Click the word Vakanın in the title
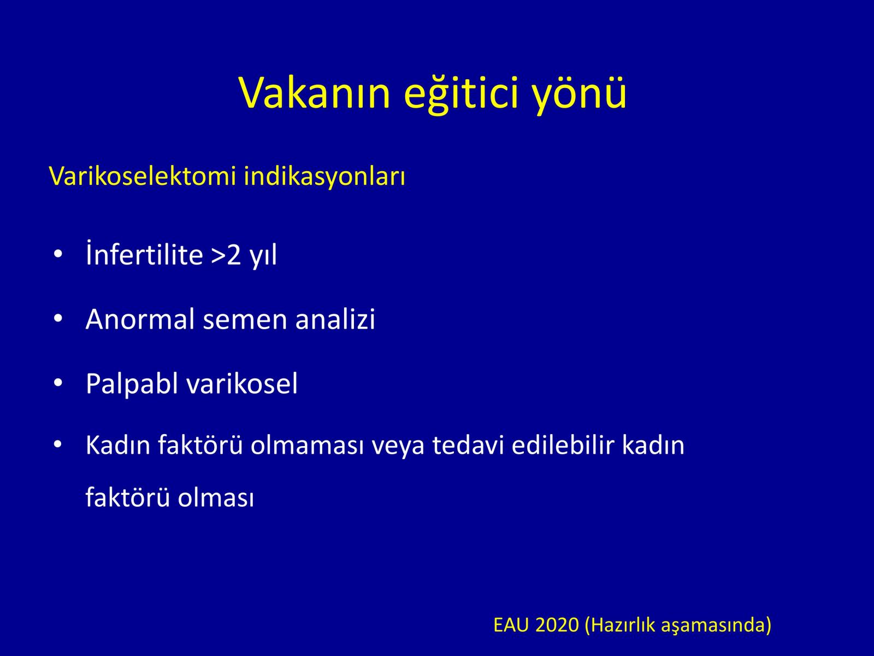(314, 93)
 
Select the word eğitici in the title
(462, 95)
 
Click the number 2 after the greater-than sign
(234, 255)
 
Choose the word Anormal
(140, 319)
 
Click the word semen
(245, 321)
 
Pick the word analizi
(335, 319)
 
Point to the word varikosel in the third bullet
(242, 383)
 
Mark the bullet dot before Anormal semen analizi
(58, 319)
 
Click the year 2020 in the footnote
(557, 625)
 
